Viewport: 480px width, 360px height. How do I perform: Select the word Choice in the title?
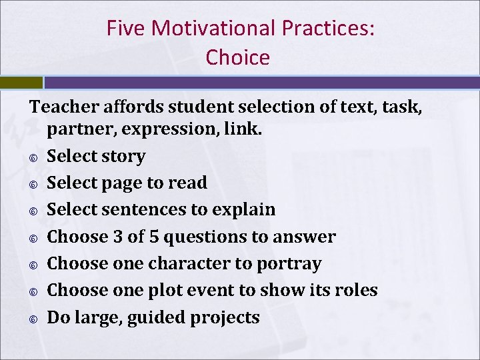(238, 57)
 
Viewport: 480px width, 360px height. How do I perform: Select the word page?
(123, 183)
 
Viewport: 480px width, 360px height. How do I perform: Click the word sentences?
(144, 209)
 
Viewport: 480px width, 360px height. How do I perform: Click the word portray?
(291, 263)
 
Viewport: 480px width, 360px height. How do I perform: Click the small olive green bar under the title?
(21, 83)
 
